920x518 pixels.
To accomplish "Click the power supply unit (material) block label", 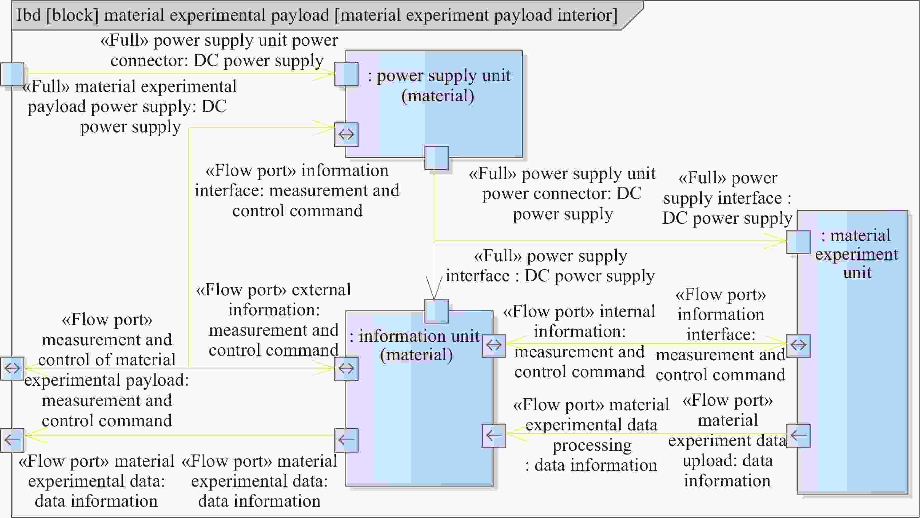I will [439, 86].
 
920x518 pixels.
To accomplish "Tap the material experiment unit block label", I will [857, 254].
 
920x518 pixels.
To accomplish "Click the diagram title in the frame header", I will [317, 15].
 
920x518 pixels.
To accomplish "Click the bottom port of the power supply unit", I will [436, 158].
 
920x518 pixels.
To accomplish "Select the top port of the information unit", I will [436, 311].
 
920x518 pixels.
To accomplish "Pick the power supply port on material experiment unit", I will [798, 242].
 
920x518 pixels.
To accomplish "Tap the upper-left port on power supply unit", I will [346, 74].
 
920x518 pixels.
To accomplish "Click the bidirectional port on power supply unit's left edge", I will [346, 134].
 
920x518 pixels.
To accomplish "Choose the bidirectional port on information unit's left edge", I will [346, 368].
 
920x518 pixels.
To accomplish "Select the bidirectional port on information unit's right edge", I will [494, 345].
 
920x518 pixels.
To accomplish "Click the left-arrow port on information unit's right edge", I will [494, 435].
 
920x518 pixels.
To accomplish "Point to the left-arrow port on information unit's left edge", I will [346, 440].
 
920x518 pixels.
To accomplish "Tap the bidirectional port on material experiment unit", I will [798, 345].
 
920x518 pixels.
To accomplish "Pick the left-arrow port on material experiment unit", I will [798, 435].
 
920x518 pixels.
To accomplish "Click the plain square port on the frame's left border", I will [12, 74].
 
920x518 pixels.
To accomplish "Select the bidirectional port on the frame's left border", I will [12, 368].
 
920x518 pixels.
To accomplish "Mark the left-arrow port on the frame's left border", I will [12, 440].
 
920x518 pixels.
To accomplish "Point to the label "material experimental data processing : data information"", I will [591, 435].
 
